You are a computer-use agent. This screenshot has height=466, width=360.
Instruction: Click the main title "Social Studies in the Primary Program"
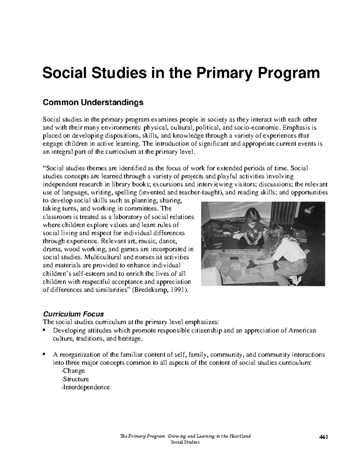[181, 74]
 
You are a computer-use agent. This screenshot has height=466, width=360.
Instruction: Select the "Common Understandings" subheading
[93, 103]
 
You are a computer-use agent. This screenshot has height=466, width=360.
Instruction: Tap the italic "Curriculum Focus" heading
[73, 314]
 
